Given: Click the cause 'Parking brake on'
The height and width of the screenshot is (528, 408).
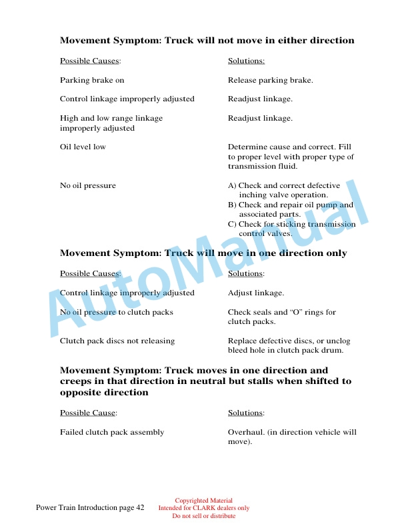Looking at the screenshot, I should (92, 80).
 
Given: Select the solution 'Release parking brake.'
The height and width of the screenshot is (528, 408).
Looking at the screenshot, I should (270, 80).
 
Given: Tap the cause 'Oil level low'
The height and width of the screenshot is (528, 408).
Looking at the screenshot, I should (83, 147).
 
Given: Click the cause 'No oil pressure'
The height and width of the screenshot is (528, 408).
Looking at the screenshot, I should (87, 185).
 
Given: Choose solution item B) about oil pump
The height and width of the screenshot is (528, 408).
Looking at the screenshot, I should (291, 209).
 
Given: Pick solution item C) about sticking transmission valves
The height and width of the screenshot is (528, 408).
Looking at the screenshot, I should (291, 229).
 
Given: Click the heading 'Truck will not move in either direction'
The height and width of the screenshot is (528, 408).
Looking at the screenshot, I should (207, 41).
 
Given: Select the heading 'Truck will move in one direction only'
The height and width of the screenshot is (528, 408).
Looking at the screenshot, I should (203, 253).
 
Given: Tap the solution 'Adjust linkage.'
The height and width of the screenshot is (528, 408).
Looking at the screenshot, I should (256, 293).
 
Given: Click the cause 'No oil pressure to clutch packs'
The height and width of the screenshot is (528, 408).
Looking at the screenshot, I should (117, 312).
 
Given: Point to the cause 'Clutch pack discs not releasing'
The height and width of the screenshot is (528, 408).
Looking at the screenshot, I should (117, 341).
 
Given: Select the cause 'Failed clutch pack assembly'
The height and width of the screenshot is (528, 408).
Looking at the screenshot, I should (112, 432).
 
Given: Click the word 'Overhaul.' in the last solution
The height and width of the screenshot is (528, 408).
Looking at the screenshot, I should (245, 432).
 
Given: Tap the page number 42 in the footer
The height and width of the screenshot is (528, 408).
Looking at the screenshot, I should (140, 508).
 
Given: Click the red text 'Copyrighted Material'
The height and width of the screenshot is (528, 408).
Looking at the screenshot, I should (203, 501).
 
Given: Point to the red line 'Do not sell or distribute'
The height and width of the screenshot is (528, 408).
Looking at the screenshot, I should (203, 515).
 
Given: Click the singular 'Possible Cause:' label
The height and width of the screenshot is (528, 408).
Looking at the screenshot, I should (89, 413).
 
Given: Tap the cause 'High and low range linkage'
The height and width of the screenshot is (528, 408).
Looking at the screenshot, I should (111, 118).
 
